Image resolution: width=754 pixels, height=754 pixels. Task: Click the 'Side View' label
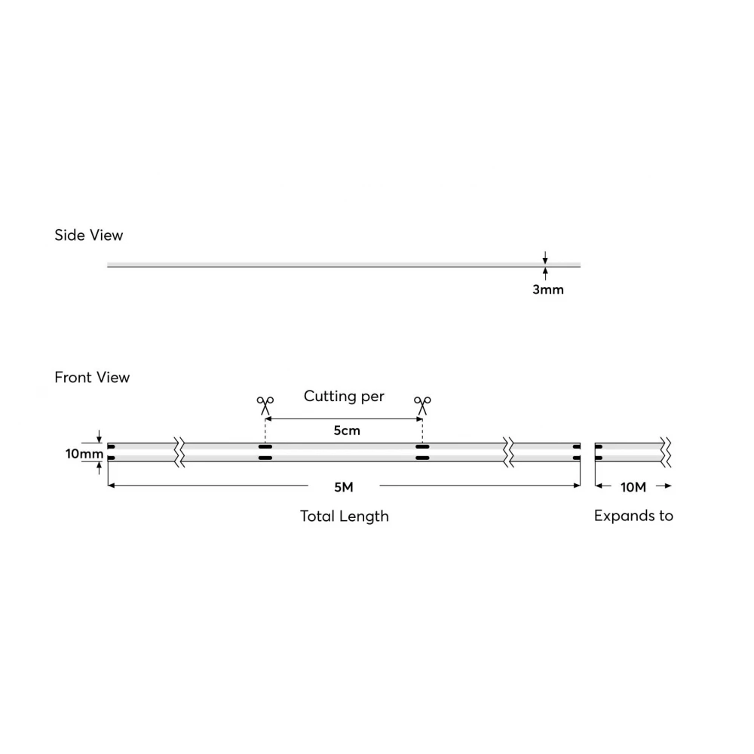coord(88,235)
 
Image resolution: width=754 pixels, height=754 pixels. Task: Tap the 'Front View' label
coord(92,378)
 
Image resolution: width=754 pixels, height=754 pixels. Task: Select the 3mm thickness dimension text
coord(547,290)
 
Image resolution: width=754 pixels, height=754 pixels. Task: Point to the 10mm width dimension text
coord(84,454)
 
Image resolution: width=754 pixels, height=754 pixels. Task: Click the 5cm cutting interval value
coord(347,431)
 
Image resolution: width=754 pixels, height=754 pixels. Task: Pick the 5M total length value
coord(344,487)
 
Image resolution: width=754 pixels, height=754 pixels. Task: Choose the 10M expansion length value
coord(633,487)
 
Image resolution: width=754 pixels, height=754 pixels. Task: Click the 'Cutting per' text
coord(344,397)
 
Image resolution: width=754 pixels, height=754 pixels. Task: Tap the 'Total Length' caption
coord(345,516)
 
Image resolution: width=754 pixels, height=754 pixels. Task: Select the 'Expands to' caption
coord(633,516)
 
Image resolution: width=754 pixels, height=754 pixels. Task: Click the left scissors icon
coord(265,406)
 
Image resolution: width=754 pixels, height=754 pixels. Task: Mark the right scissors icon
coord(422,406)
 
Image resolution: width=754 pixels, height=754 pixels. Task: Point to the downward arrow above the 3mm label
coord(545,257)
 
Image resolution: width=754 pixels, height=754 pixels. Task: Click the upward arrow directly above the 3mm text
coord(545,274)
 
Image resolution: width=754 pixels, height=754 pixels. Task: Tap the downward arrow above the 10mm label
coord(99,437)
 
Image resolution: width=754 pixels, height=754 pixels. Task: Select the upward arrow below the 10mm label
coord(99,468)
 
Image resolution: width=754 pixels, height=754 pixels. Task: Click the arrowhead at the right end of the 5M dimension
coord(577,486)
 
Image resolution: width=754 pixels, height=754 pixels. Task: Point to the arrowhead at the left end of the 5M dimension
coord(111,486)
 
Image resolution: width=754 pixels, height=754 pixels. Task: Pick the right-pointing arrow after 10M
coord(664,486)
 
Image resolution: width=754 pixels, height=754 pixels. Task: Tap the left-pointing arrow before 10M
coord(603,486)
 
